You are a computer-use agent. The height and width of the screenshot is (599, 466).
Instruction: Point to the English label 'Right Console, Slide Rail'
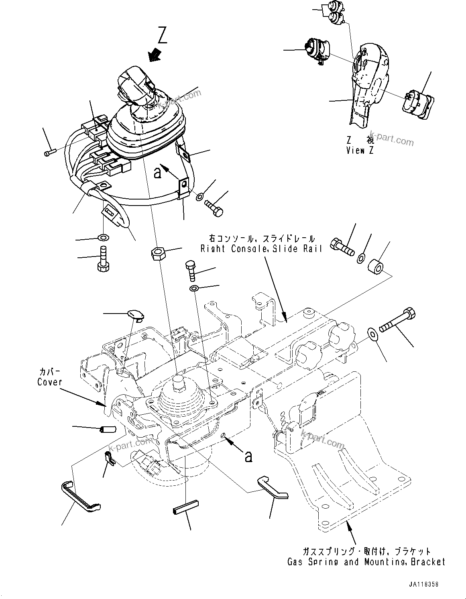tap(261, 249)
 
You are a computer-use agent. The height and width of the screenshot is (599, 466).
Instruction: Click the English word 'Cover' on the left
tap(50, 382)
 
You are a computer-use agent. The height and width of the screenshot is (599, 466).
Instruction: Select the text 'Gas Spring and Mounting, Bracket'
tap(366, 562)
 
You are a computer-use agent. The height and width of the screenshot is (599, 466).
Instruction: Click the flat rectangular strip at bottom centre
tap(185, 511)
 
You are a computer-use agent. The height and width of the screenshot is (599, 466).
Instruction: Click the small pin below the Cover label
tap(107, 430)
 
